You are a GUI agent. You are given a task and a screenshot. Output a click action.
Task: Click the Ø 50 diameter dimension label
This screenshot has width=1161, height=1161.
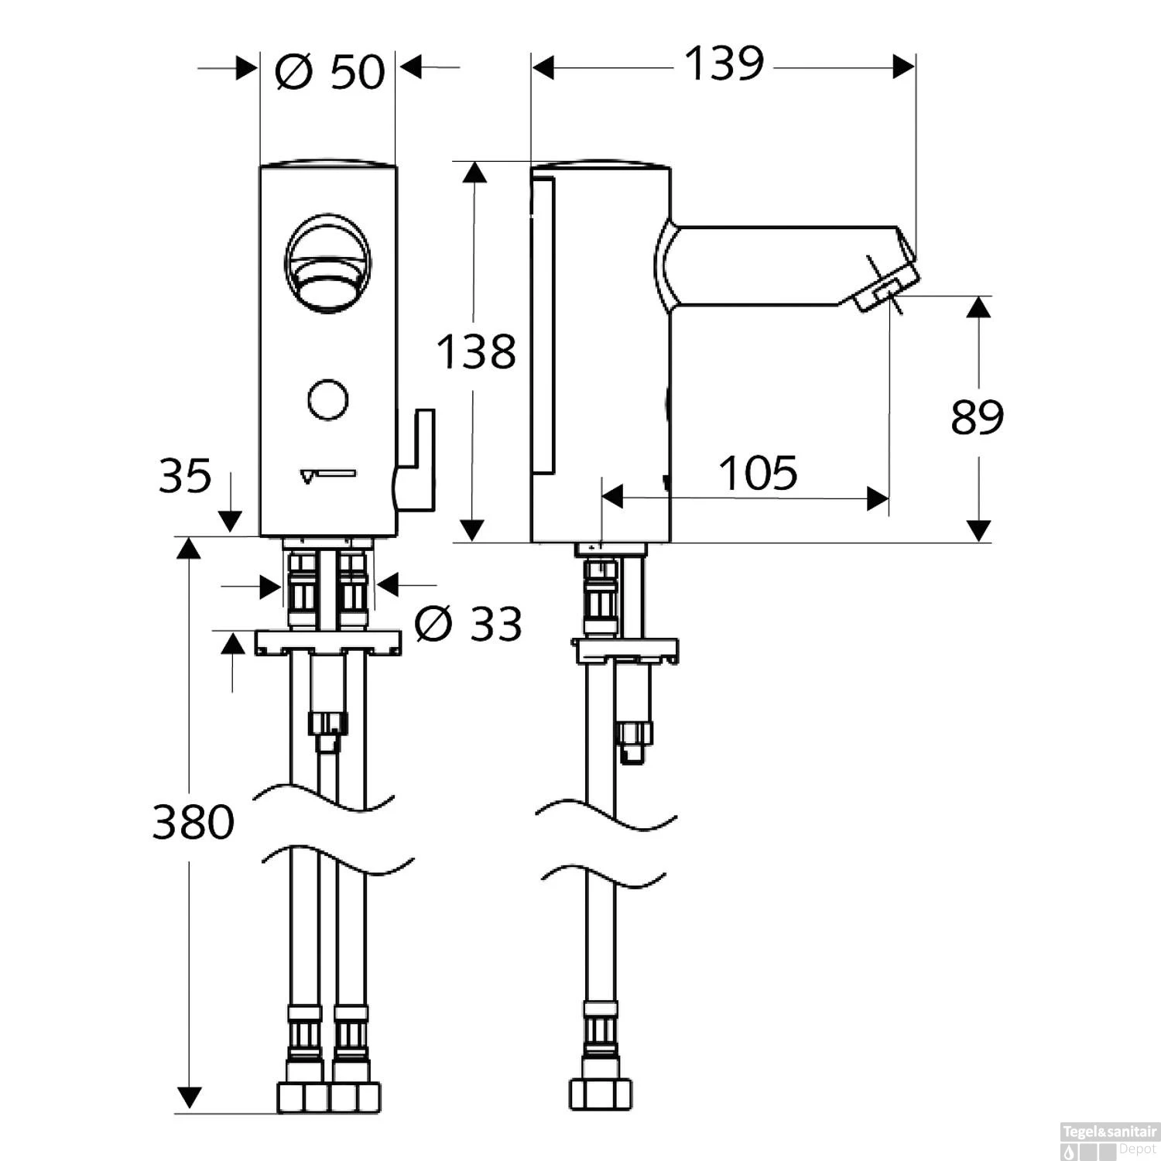329,72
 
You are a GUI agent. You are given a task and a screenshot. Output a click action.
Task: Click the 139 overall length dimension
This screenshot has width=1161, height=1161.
724,64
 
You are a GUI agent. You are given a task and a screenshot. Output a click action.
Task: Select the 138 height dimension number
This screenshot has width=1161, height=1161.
476,352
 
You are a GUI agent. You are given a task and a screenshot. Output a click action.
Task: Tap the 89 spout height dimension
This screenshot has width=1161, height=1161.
977,418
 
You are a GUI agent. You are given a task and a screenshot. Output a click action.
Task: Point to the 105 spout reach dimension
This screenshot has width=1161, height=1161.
758,473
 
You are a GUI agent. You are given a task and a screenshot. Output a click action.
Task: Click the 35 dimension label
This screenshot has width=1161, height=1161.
185,476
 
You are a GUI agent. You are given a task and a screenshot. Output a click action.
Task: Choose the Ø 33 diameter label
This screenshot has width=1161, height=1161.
468,624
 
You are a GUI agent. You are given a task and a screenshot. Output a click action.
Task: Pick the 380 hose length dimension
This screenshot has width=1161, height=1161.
193,822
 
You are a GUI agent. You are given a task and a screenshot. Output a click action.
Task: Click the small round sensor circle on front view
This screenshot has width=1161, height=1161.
327,400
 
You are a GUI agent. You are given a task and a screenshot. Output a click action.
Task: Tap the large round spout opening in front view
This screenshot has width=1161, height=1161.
328,263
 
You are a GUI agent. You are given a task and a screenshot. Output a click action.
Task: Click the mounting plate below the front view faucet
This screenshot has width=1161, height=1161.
328,642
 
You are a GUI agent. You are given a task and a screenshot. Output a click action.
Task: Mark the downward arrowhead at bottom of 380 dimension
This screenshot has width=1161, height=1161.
190,1097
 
